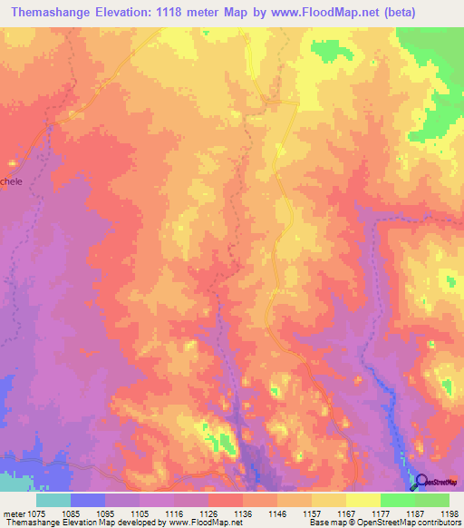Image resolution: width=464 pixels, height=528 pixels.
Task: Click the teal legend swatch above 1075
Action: coord(53,500)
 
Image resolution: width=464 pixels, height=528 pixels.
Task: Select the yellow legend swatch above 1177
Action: coord(362,500)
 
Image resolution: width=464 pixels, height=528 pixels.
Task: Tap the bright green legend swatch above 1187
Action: coord(397,500)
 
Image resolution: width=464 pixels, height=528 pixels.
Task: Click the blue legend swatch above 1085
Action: coord(88,500)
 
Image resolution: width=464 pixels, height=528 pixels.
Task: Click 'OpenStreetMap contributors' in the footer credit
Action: coord(414,523)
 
